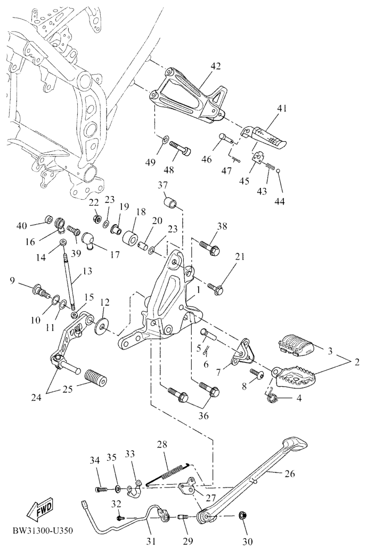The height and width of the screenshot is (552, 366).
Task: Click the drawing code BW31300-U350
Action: pyautogui.click(x=42, y=531)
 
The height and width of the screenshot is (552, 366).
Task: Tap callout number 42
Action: pyautogui.click(x=215, y=67)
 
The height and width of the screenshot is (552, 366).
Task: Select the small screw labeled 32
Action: pyautogui.click(x=121, y=517)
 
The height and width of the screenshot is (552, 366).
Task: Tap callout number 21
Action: pyautogui.click(x=240, y=257)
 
